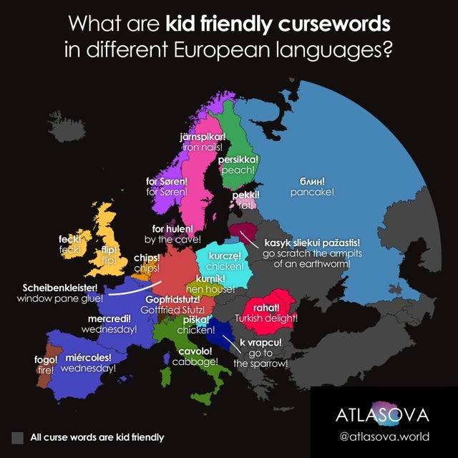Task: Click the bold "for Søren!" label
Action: [x=167, y=181]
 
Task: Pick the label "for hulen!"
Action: [x=172, y=228]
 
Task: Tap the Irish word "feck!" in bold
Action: [x=69, y=239]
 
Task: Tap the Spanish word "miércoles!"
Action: [x=88, y=356]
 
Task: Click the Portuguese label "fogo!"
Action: [x=45, y=359]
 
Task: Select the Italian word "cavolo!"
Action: [x=195, y=351]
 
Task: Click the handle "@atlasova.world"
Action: [x=384, y=436]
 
